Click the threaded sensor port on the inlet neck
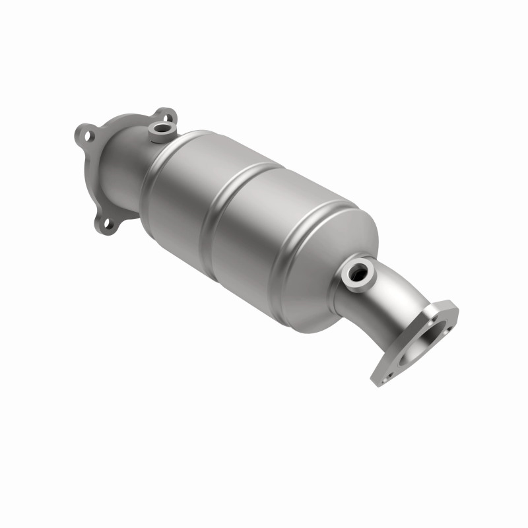(160, 127)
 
